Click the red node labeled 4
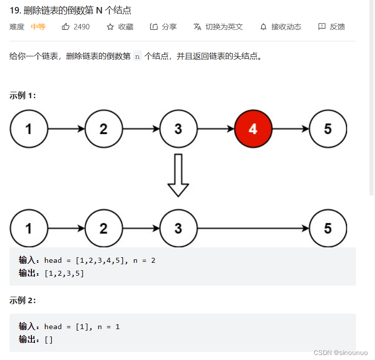(253, 129)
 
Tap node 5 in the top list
(328, 129)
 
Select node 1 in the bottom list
(29, 228)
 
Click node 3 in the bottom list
(178, 228)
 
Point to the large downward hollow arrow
(178, 175)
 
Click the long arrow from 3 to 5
(253, 228)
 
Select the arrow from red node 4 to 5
(290, 129)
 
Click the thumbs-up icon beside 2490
(66, 27)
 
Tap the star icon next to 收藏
(110, 27)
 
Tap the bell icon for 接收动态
(263, 27)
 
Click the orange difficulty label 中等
(38, 27)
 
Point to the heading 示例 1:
(22, 95)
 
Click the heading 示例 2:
(22, 300)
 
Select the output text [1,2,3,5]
(64, 273)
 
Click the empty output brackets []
(48, 340)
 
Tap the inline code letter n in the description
(138, 56)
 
